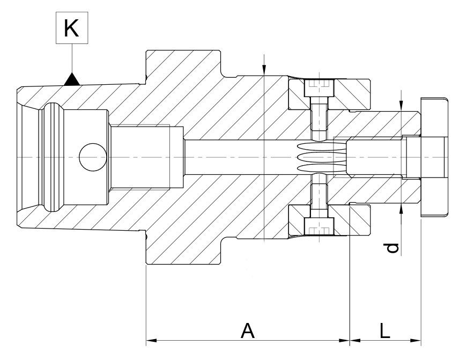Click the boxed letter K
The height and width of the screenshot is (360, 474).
pos(72,28)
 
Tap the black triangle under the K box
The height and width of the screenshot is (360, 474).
pos(72,80)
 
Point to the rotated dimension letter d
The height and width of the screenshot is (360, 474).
pos(393,248)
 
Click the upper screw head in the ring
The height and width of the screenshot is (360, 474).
pos(320,88)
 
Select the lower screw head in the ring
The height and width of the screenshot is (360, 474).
pos(320,226)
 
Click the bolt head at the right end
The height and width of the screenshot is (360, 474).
pos(434,157)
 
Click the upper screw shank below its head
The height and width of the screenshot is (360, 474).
pos(320,115)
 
